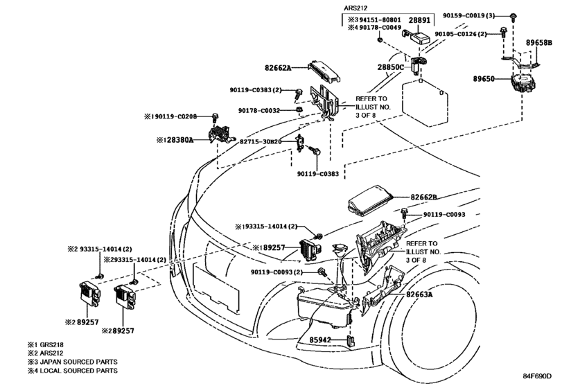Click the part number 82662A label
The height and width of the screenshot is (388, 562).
click(278, 67)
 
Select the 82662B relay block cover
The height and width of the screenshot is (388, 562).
click(370, 202)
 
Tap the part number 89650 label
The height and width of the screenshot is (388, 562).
click(484, 78)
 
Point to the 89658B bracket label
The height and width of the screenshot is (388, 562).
click(538, 42)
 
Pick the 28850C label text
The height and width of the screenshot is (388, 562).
click(390, 67)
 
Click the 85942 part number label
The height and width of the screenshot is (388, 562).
click(320, 339)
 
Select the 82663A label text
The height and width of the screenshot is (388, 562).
click(419, 294)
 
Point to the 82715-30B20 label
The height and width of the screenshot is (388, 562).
click(261, 141)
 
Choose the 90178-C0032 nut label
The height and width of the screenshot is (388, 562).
click(258, 111)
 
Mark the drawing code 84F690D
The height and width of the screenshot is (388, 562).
click(536, 376)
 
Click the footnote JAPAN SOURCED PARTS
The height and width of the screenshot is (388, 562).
click(78, 362)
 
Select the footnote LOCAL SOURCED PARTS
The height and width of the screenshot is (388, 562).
click(78, 371)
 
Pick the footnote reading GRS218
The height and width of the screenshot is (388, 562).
click(51, 344)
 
